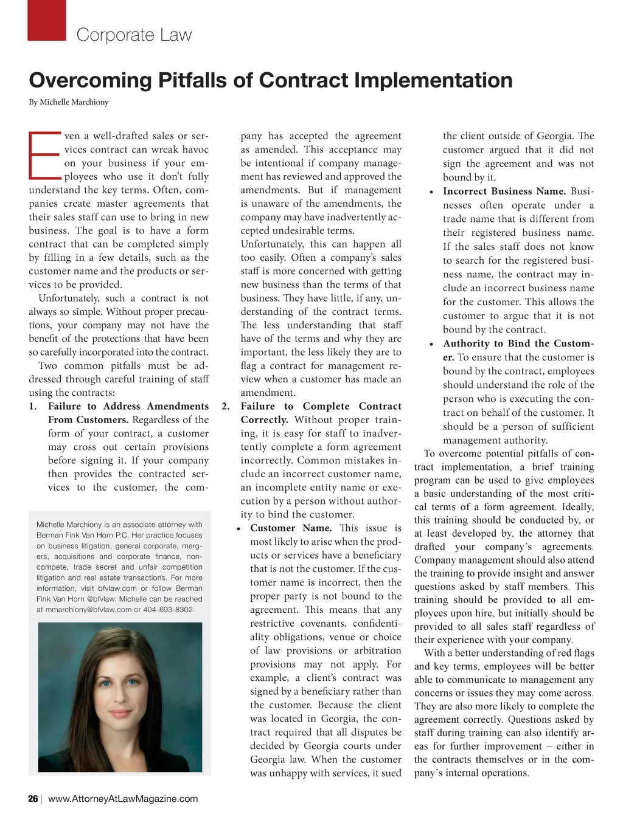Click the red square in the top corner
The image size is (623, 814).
coord(47,20)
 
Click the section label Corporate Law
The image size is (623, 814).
coord(134,35)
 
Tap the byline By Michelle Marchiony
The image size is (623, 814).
coord(69,102)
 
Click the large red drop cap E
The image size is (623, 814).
coord(44,156)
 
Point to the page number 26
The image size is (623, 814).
coord(33,799)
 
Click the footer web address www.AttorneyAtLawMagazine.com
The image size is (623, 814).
coord(123,799)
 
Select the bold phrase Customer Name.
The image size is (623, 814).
coord(291,528)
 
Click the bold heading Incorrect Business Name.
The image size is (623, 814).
coord(504,191)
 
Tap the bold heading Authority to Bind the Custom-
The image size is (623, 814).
coord(518,343)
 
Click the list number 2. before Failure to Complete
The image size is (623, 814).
coord(225,406)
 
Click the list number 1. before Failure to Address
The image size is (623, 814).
coord(33,406)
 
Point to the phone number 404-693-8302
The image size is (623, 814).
coord(169,609)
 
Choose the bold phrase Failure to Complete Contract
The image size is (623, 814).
coord(321,406)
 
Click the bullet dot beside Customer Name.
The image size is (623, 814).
coord(240,529)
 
